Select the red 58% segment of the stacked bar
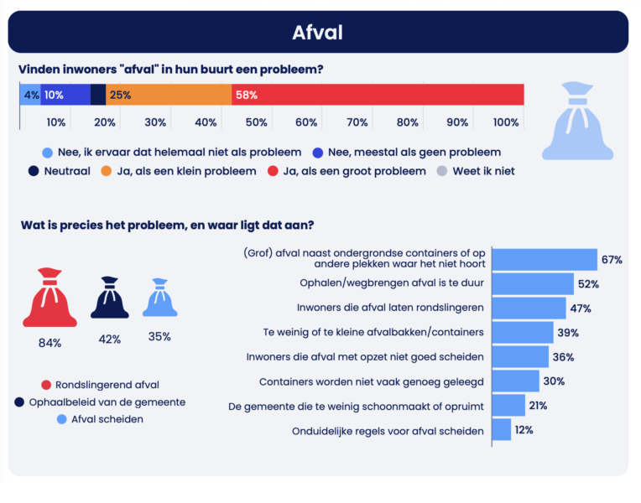pos(378,95)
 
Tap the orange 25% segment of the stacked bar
pos(169,95)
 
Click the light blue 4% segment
pos(30,95)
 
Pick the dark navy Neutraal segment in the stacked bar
pos(98,95)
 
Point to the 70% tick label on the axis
pos(357,122)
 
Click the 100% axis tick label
pos(507,122)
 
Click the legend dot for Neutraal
pos(34,171)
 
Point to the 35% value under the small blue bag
pos(159,337)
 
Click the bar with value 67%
pos(544,260)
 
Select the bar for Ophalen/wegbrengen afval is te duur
pos(532,283)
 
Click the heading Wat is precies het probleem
pos(168,225)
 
